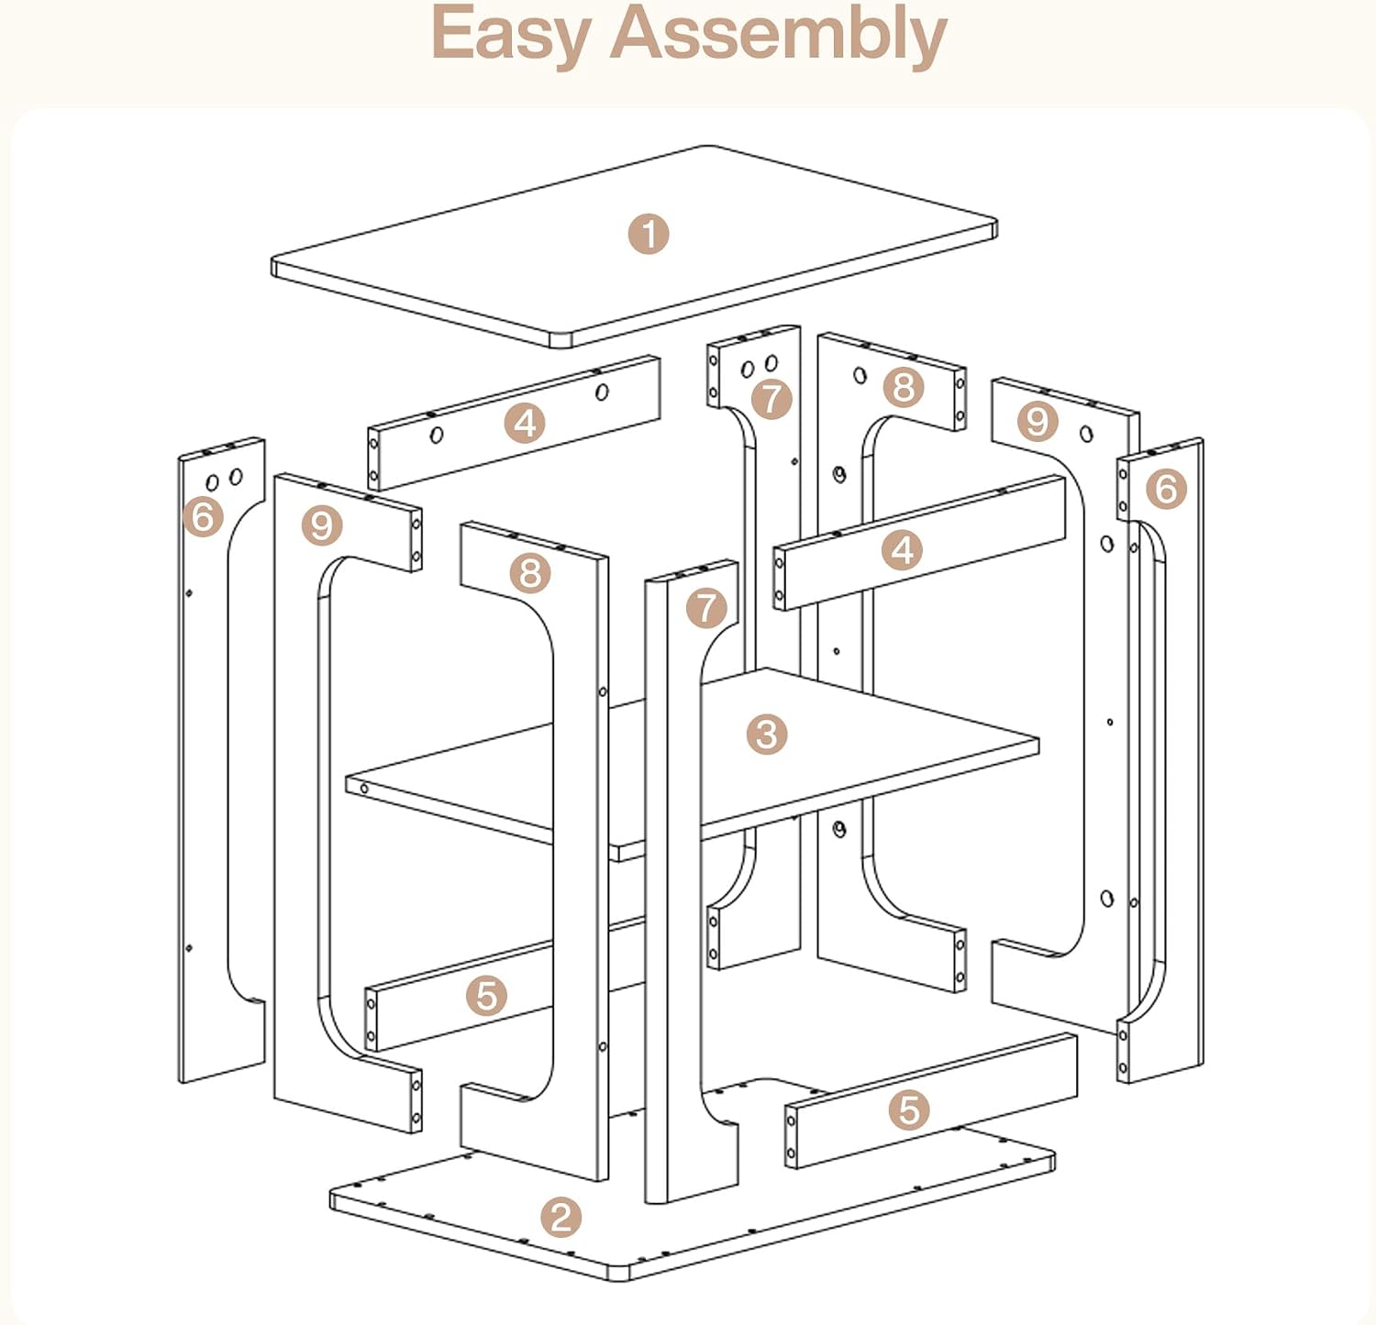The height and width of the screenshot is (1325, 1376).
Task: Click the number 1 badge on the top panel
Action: (x=649, y=234)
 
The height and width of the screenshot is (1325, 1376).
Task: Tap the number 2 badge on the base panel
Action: (x=561, y=1217)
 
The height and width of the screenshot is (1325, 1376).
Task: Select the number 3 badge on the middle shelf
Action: (x=767, y=734)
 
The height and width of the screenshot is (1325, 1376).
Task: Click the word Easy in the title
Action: (x=510, y=35)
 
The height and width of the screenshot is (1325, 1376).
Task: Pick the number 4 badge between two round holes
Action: (x=526, y=423)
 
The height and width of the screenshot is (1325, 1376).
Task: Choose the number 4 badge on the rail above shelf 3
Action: (x=903, y=550)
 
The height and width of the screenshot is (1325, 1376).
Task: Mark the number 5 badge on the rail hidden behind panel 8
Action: (x=486, y=995)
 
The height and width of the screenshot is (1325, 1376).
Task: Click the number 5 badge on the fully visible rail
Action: (x=909, y=1110)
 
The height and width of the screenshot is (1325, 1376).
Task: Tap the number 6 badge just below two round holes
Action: (x=203, y=516)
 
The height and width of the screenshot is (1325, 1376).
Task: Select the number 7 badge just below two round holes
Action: (x=771, y=399)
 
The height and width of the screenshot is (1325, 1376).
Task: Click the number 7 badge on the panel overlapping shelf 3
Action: (x=706, y=607)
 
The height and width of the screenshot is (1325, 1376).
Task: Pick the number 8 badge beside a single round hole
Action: (x=904, y=387)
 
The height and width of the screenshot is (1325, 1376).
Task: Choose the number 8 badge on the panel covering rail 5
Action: (x=530, y=573)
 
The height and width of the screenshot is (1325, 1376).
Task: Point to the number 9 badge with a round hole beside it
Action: (x=1038, y=422)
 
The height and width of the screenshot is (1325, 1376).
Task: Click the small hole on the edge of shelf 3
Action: (x=364, y=788)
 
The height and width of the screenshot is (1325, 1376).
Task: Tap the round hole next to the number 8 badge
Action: (x=860, y=375)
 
